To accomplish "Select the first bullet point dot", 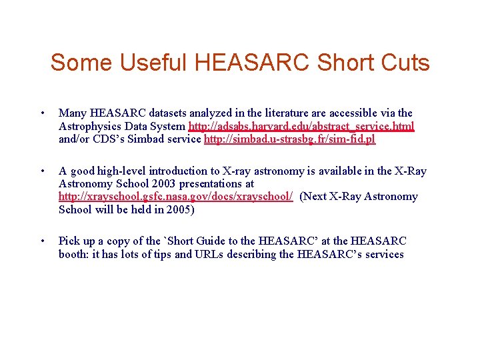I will tap(43, 113).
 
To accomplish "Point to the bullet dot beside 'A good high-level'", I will tap(43, 171).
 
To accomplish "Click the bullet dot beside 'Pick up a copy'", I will tap(43, 241).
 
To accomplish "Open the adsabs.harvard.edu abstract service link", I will tap(301, 126).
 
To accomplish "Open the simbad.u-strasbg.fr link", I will tap(289, 139).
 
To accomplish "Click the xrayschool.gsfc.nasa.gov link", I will tap(176, 197).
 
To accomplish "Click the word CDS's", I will tap(106, 139).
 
